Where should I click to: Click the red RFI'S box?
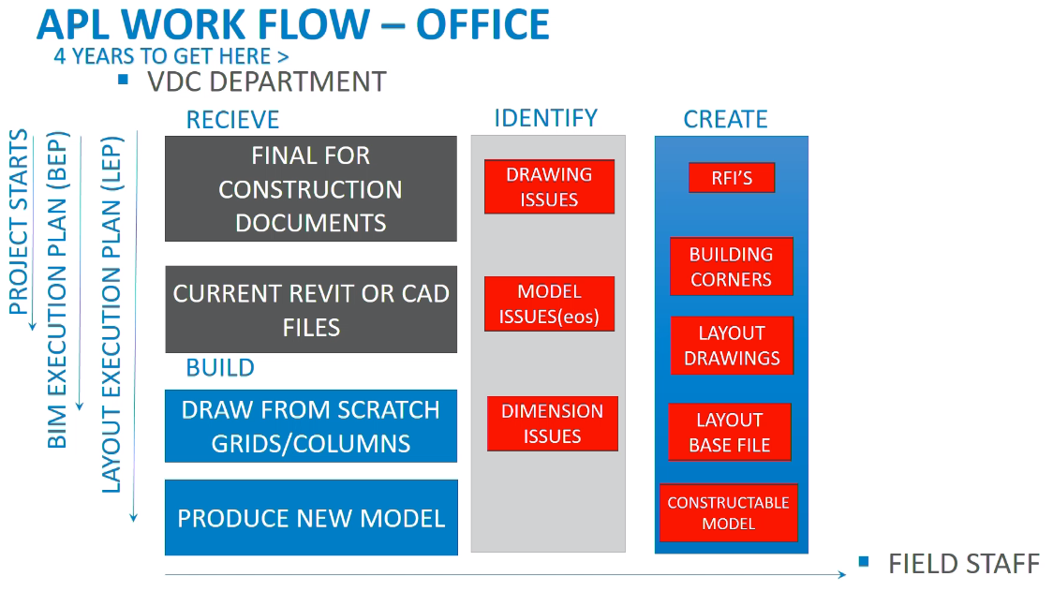tap(731, 178)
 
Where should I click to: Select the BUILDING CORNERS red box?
tap(731, 267)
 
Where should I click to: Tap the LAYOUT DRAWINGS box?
tap(731, 346)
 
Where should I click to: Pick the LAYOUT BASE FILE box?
tap(729, 433)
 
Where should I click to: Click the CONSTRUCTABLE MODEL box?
tap(728, 512)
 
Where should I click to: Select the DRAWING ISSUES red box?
tap(549, 186)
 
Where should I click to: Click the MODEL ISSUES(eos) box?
tap(549, 303)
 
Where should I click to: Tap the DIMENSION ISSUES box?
tap(552, 423)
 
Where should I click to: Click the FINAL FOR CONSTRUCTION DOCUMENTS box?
tap(310, 188)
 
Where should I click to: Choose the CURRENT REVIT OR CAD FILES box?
tap(310, 309)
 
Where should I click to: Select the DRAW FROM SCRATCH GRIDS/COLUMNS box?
tap(310, 426)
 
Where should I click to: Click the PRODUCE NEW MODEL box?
tap(310, 518)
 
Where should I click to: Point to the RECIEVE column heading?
tap(232, 120)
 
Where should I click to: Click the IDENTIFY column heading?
tap(545, 118)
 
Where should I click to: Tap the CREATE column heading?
tap(725, 119)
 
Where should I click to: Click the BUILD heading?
tap(220, 368)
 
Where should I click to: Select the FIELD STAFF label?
tap(963, 564)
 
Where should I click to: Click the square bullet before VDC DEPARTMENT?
tap(123, 80)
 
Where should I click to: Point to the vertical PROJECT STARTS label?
tap(19, 226)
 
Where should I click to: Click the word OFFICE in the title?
tap(482, 24)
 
